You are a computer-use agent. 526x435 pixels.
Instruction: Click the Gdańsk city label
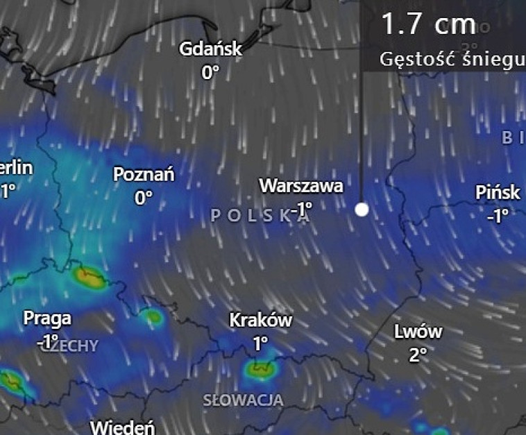pyautogui.click(x=210, y=49)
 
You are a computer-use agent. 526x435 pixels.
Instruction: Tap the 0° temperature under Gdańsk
pyautogui.click(x=210, y=71)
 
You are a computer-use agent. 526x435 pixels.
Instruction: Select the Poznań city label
pyautogui.click(x=144, y=175)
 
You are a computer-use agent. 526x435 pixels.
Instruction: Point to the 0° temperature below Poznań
pyautogui.click(x=144, y=198)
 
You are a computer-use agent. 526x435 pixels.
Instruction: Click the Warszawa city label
pyautogui.click(x=300, y=186)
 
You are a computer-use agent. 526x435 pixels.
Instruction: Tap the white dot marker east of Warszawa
pyautogui.click(x=362, y=209)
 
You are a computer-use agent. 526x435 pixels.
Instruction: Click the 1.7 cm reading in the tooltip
pyautogui.click(x=428, y=24)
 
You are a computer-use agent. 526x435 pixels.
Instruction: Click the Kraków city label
pyautogui.click(x=260, y=321)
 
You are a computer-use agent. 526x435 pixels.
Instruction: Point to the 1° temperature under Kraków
pyautogui.click(x=260, y=343)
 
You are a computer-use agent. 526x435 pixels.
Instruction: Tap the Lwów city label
pyautogui.click(x=418, y=332)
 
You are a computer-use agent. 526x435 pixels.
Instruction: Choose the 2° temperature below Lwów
pyautogui.click(x=418, y=355)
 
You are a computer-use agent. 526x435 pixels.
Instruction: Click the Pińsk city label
pyautogui.click(x=498, y=192)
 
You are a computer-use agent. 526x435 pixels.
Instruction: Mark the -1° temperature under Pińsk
pyautogui.click(x=498, y=215)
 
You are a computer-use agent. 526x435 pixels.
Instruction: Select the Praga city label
pyautogui.click(x=47, y=318)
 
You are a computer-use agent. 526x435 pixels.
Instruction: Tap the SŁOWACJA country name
pyautogui.click(x=243, y=400)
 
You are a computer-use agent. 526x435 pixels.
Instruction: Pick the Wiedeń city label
pyautogui.click(x=122, y=427)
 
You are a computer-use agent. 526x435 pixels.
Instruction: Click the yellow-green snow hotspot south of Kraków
pyautogui.click(x=260, y=370)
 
